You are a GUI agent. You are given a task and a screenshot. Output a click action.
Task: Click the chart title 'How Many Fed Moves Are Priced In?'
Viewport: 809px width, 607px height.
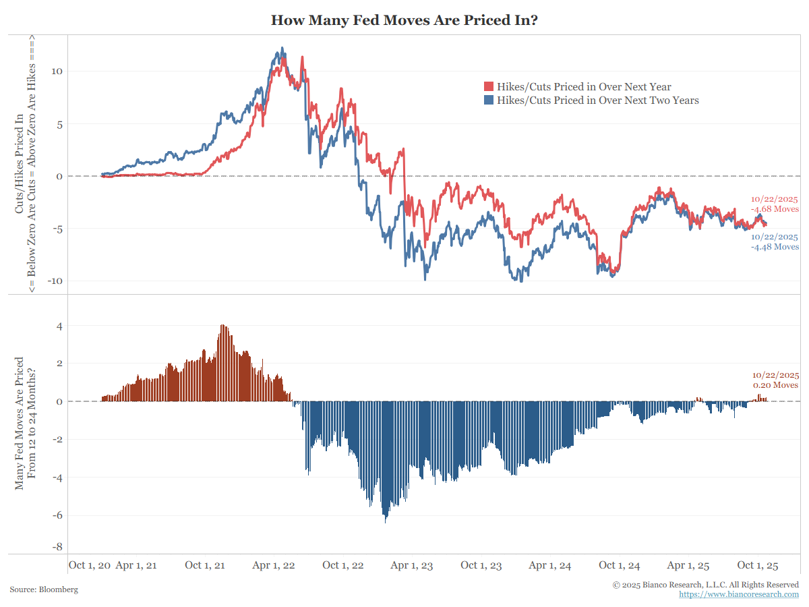coord(404,20)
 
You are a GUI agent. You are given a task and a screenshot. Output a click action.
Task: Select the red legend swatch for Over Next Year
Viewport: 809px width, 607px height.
coord(489,87)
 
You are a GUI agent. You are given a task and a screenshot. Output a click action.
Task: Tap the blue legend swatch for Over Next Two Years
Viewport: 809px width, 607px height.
coord(489,100)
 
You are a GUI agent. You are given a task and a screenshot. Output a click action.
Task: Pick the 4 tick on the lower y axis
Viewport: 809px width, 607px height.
coord(59,326)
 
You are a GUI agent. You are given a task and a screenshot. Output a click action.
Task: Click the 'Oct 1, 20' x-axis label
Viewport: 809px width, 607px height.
coord(90,565)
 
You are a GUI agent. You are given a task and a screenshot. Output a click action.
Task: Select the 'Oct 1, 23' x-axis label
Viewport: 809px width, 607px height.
coord(481,565)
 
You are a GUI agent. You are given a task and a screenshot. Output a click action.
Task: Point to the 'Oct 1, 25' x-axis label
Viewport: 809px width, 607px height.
coord(758,565)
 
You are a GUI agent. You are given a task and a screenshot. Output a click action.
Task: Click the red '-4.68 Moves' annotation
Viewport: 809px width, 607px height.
coord(775,209)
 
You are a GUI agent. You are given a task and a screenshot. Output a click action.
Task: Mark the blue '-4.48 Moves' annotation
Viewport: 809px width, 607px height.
coord(775,247)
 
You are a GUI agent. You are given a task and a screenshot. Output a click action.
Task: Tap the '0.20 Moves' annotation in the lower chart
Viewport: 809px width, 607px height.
coord(776,385)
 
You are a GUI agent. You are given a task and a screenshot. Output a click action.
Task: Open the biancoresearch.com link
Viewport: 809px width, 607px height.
coord(739,594)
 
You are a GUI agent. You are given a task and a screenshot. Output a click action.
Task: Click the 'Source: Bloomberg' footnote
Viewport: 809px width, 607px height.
coord(44,589)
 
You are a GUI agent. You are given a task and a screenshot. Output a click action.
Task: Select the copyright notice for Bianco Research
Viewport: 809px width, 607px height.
coord(706,584)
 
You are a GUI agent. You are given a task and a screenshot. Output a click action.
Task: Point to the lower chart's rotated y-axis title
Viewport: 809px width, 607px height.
coord(26,424)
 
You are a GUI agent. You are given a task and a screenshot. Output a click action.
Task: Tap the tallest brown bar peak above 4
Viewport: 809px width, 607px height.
coord(223,326)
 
